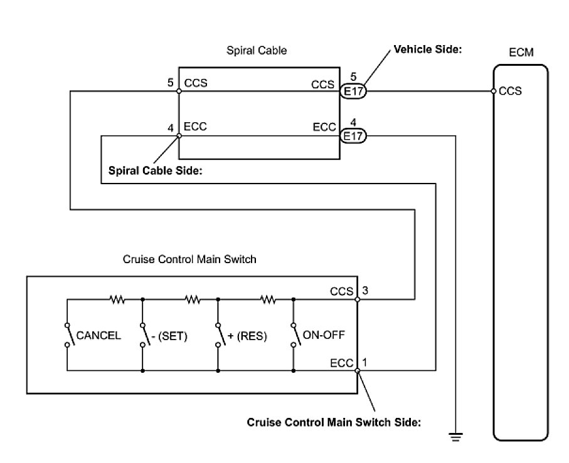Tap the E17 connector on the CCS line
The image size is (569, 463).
click(x=354, y=91)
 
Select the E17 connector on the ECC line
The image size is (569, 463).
click(x=354, y=136)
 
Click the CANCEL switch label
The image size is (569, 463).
click(x=98, y=336)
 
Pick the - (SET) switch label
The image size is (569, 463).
click(x=169, y=336)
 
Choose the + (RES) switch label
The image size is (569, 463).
click(x=247, y=336)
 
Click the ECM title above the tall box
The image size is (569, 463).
click(x=521, y=53)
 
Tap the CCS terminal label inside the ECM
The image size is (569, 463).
click(x=510, y=91)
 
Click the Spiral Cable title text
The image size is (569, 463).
click(x=257, y=51)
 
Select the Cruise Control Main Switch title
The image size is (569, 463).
click(x=189, y=259)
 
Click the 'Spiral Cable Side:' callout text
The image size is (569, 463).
click(x=155, y=170)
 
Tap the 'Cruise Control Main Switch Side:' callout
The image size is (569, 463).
click(x=334, y=422)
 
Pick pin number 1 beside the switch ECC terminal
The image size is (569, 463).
click(x=364, y=363)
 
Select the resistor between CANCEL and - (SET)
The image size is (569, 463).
click(x=117, y=300)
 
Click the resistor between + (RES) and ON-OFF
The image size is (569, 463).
click(x=268, y=300)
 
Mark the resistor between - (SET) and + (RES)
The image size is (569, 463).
click(x=193, y=300)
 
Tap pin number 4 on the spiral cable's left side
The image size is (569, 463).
click(x=171, y=128)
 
